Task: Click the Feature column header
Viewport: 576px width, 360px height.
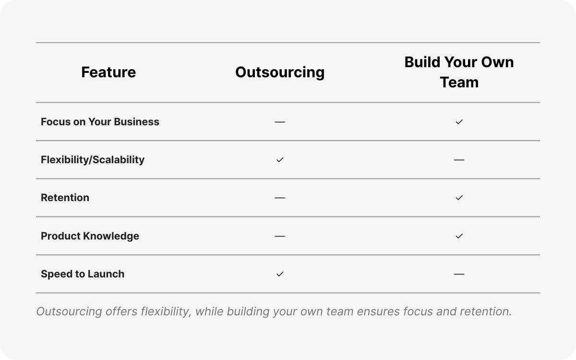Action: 108,72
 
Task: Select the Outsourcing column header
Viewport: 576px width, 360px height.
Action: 280,72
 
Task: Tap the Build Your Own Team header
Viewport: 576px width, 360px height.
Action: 459,72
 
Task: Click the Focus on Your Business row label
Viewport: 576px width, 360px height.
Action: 100,122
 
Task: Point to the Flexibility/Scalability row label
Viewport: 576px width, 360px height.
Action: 93,160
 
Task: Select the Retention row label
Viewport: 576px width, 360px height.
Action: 65,198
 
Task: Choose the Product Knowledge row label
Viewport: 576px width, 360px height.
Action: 90,236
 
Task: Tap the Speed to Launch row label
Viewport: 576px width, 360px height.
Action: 83,274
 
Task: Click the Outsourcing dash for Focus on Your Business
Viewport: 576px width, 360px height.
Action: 280,122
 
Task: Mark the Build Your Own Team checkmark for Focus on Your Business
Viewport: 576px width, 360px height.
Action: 459,122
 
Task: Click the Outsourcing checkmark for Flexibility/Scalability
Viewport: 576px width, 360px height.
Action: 280,160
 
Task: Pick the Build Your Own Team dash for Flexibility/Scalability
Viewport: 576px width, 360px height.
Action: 459,160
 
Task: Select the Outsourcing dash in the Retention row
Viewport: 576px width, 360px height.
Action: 280,198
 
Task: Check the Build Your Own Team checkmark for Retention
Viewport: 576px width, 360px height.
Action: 459,198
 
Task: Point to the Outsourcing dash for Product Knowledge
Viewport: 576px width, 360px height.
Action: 280,236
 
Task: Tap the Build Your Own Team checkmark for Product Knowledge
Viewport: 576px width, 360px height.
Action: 459,236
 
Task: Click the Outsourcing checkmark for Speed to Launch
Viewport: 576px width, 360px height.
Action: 280,274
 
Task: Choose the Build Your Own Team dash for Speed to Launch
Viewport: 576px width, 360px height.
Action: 459,274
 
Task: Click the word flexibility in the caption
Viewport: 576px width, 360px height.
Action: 166,312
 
